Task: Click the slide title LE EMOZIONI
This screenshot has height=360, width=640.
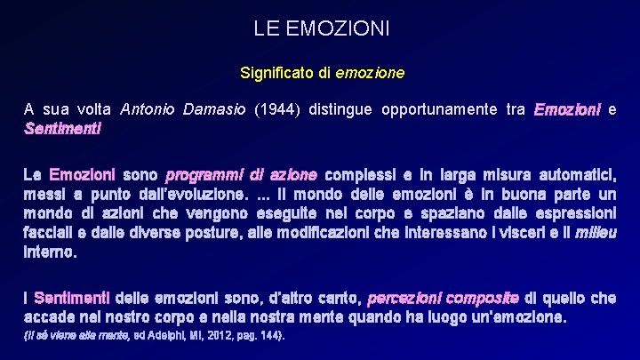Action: click(x=321, y=28)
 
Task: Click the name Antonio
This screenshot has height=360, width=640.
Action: click(x=148, y=110)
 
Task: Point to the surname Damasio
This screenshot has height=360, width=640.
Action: click(x=214, y=110)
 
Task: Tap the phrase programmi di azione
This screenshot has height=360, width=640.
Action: click(x=241, y=174)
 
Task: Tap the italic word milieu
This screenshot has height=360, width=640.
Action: click(x=596, y=233)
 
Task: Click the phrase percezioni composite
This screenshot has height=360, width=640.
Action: click(x=443, y=297)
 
